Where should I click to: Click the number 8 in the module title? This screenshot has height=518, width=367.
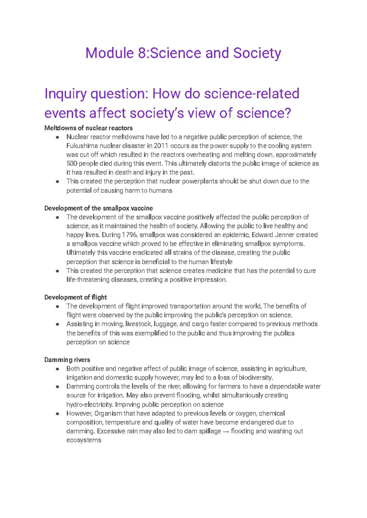142,53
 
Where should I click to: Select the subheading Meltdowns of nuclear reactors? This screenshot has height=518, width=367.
88,128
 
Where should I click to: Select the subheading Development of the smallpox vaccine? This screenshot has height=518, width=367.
98,208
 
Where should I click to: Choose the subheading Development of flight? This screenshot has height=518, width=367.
76,297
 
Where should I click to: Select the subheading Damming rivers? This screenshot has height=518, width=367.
67,360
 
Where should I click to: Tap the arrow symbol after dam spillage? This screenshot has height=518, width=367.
226,431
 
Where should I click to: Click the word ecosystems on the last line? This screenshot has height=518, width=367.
84,440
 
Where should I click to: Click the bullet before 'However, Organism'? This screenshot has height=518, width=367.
57,414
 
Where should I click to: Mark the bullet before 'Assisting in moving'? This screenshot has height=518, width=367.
57,324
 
